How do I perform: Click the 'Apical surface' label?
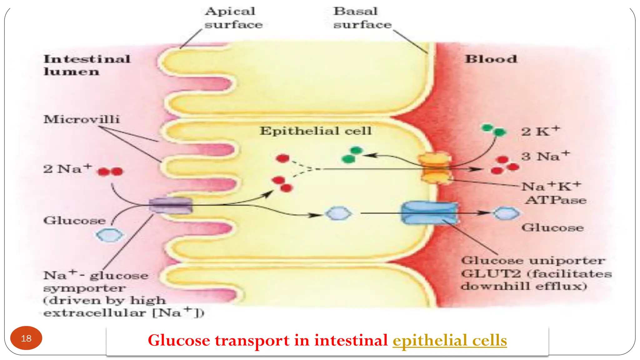click(x=233, y=18)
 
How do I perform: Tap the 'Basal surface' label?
click(x=362, y=18)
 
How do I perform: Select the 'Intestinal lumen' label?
click(x=87, y=65)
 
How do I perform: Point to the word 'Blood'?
click(x=491, y=59)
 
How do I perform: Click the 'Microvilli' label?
click(x=82, y=119)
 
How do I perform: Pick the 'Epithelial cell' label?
click(x=316, y=131)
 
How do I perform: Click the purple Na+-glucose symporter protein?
click(x=171, y=205)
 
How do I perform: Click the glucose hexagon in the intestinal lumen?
click(x=109, y=235)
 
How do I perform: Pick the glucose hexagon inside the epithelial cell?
click(x=338, y=213)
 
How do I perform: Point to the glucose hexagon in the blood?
click(x=506, y=213)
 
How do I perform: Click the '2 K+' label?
click(x=540, y=131)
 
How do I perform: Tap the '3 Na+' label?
click(x=545, y=156)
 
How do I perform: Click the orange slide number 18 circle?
click(x=26, y=338)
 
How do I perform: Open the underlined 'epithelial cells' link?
click(x=450, y=340)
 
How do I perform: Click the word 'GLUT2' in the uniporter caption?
click(x=491, y=274)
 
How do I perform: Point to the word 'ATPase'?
click(x=556, y=200)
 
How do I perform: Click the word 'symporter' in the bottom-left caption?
click(x=84, y=288)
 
